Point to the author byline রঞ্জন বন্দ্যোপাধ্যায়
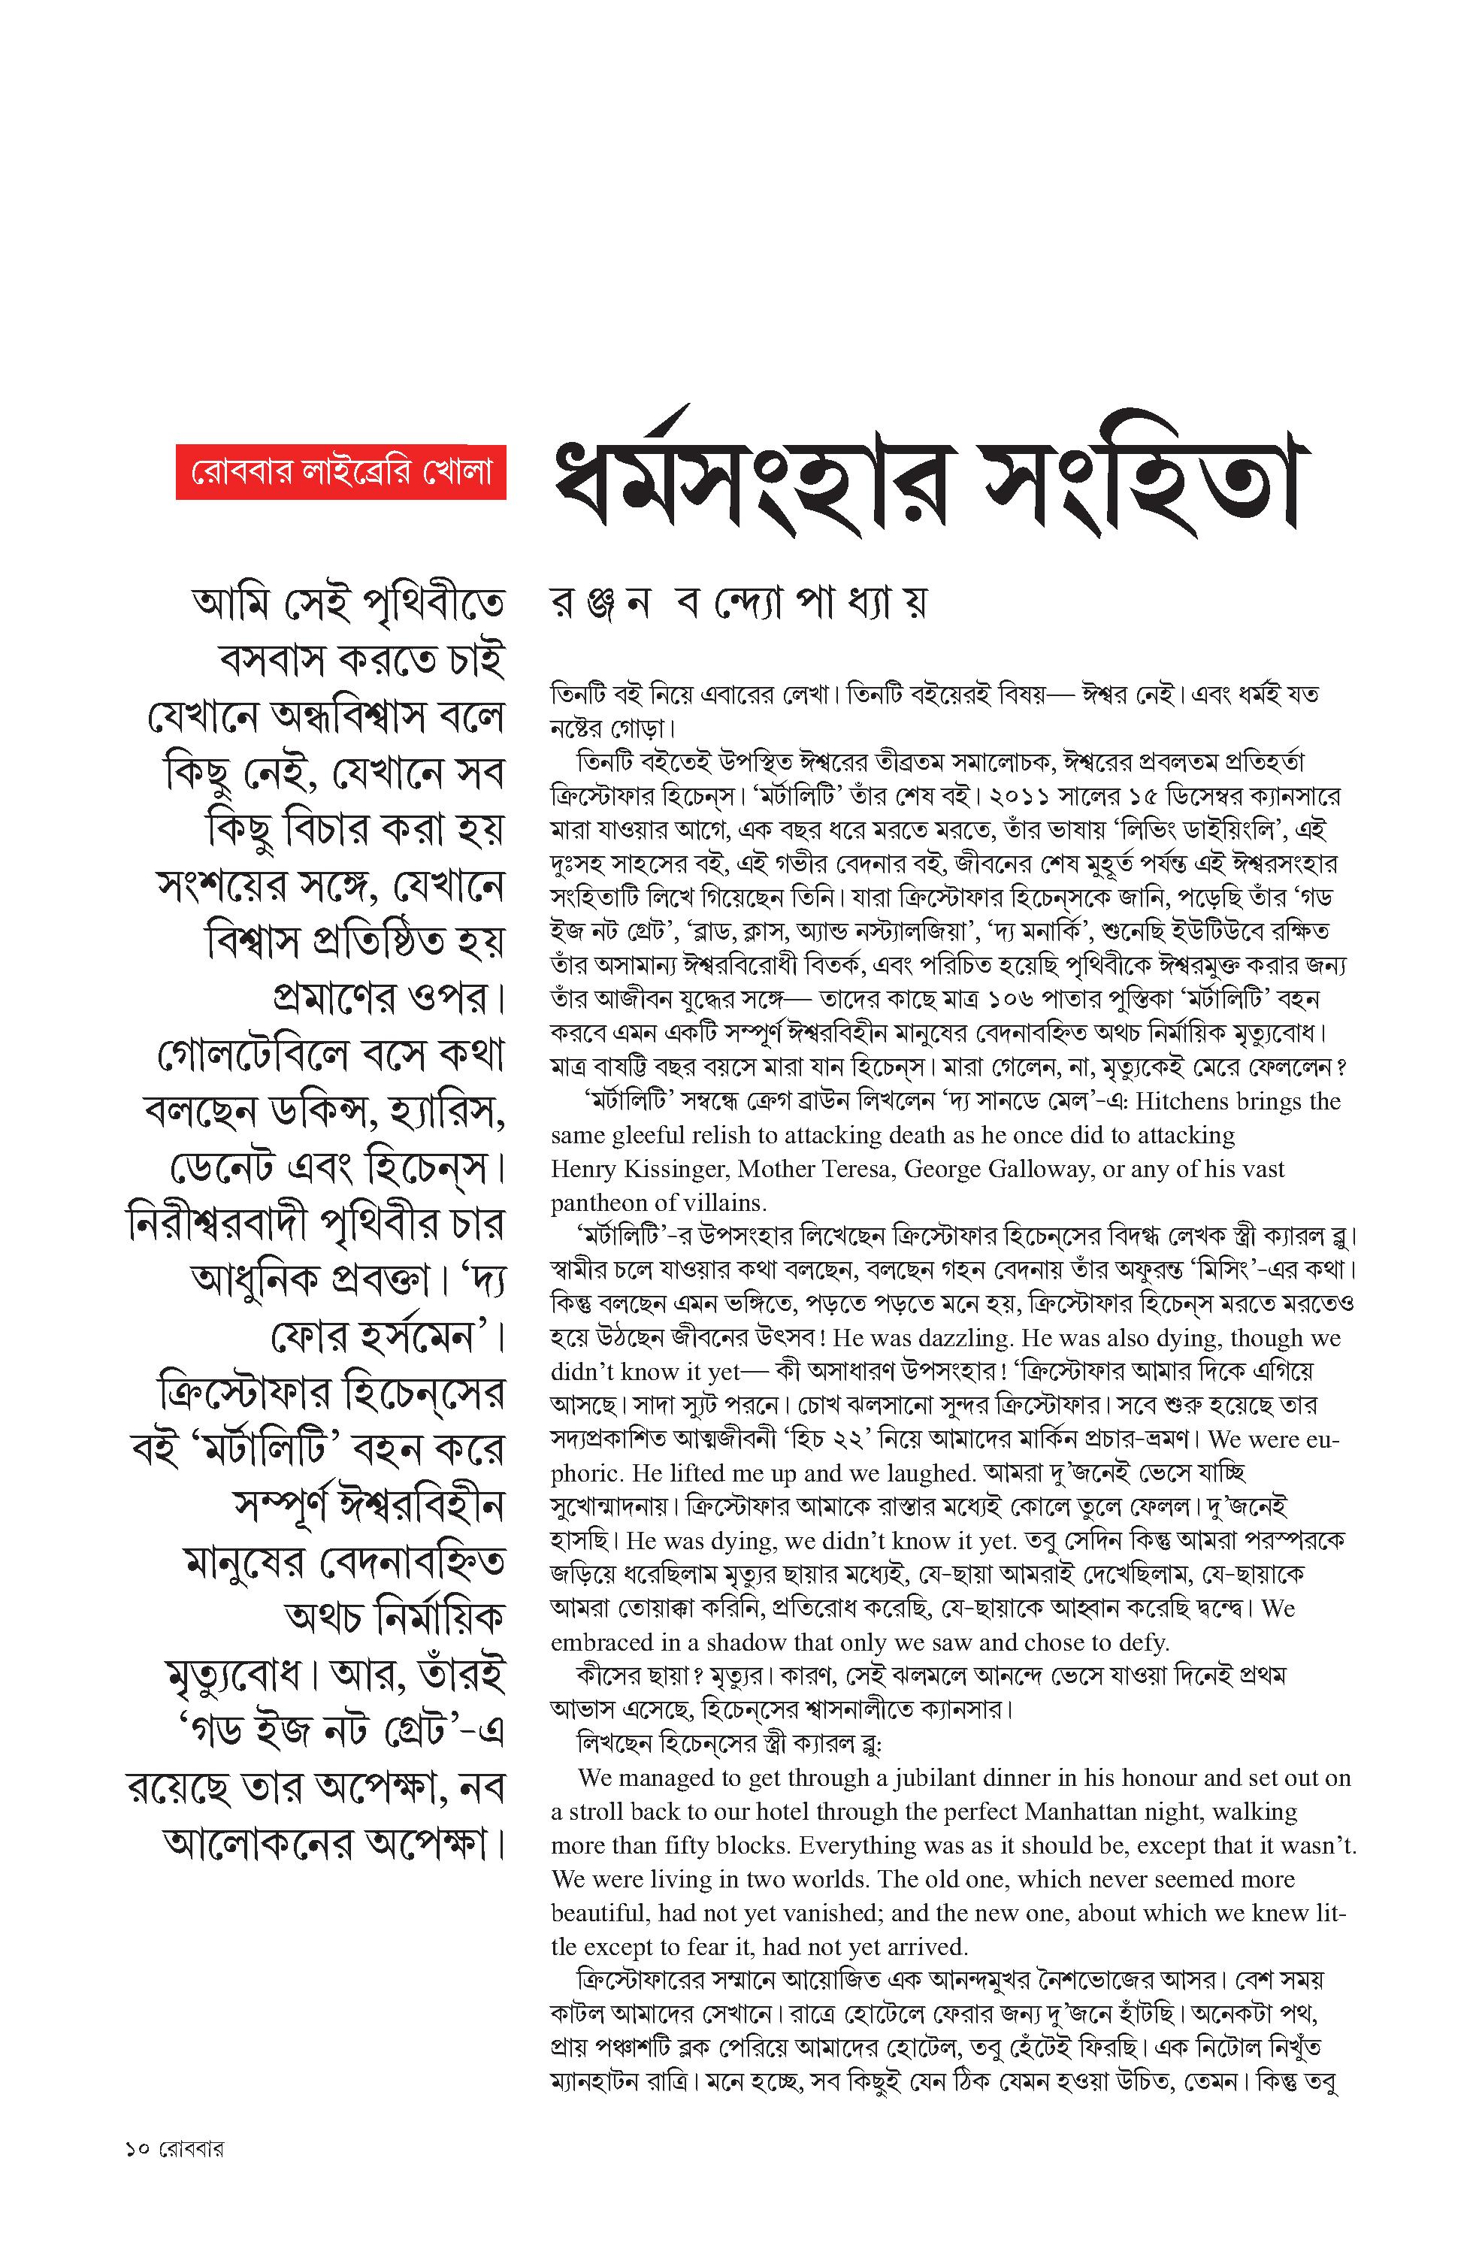coord(738,603)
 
